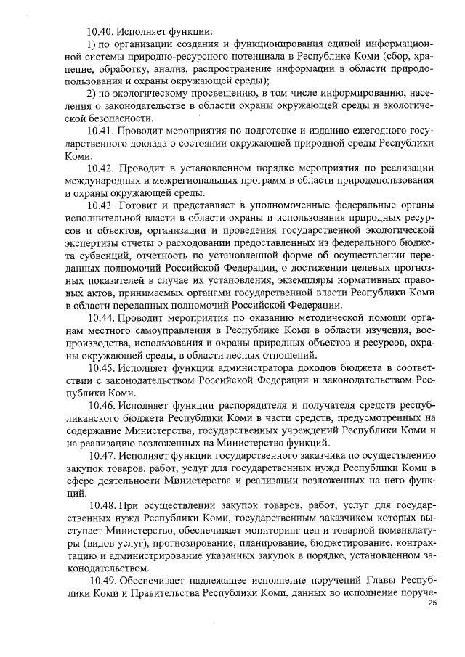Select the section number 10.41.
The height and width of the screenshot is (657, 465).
(x=102, y=130)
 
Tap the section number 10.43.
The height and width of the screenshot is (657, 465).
(x=102, y=207)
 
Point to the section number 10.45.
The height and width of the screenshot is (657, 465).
(x=102, y=368)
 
